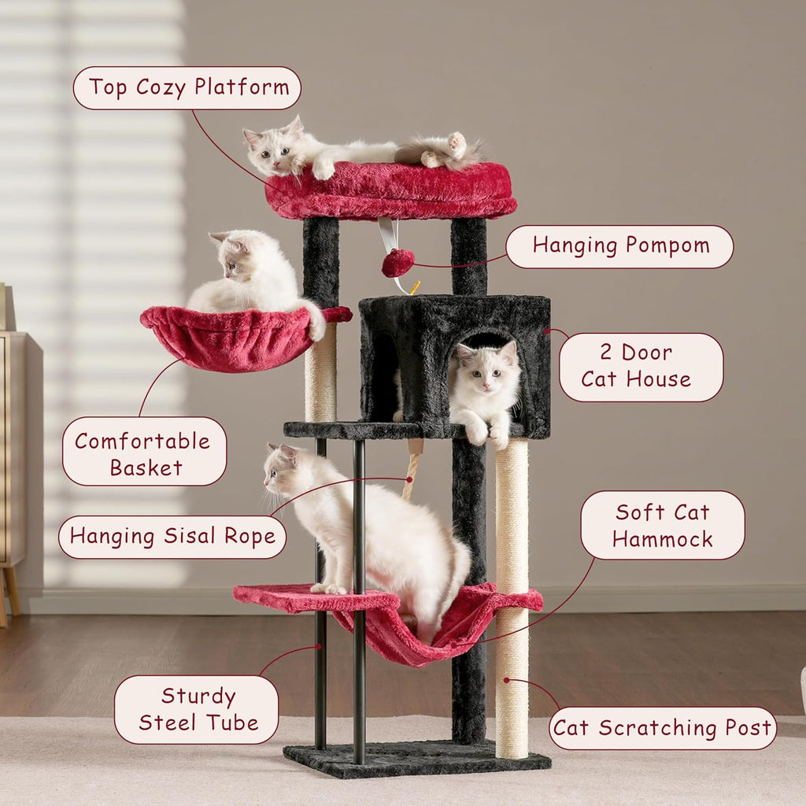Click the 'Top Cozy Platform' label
click(187, 87)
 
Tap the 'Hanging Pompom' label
click(619, 246)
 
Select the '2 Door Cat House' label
click(641, 367)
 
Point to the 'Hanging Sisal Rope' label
click(172, 537)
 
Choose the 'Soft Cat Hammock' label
click(663, 525)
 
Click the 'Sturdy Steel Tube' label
click(196, 709)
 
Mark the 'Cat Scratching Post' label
click(663, 728)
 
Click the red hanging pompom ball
click(397, 263)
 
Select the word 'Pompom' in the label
click(668, 246)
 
